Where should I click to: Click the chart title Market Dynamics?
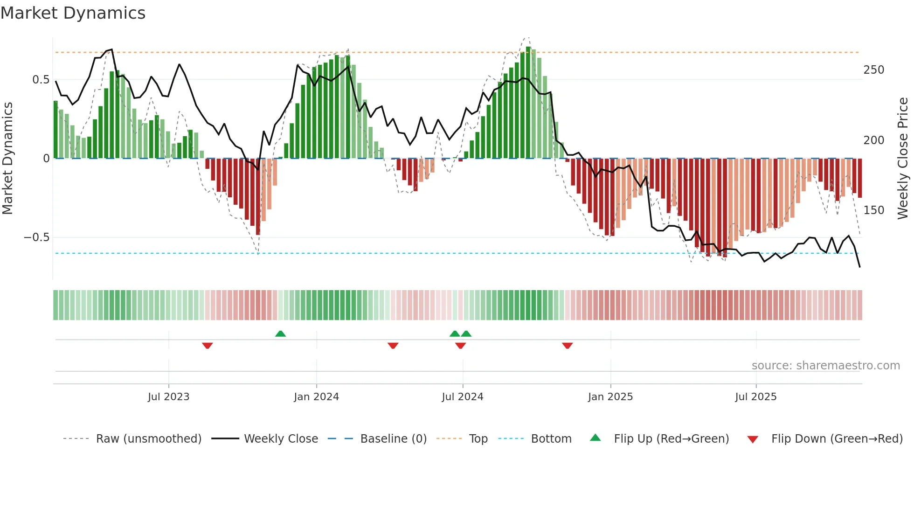73,13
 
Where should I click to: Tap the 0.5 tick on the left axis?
41,80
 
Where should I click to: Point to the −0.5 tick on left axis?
36,237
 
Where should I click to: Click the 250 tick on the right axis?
873,70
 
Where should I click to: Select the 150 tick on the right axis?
873,210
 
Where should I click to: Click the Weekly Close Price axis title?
903,159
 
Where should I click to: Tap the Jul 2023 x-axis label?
168,397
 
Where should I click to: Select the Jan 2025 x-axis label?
610,397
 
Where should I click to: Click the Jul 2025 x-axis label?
755,397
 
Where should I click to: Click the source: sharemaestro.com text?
825,366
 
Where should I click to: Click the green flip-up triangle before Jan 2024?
280,333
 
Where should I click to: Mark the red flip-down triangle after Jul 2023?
208,346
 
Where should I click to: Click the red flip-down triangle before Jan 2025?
567,346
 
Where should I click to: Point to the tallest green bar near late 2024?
528,103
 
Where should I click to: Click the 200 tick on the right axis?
873,140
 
